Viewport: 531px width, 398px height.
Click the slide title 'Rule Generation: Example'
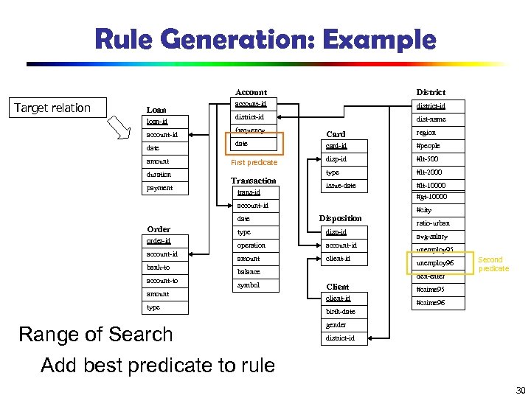(x=265, y=38)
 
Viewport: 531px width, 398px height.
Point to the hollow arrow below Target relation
(x=122, y=130)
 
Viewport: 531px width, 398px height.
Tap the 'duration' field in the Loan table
(x=159, y=175)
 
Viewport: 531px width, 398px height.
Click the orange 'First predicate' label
(x=254, y=162)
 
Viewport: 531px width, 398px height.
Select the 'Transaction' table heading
(x=253, y=181)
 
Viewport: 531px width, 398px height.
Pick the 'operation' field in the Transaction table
(x=251, y=245)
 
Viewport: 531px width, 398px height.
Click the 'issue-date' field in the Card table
(x=341, y=186)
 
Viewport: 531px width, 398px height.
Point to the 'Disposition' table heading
(x=340, y=218)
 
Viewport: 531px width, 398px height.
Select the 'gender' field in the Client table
(x=336, y=325)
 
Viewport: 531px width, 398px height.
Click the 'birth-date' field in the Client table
(x=340, y=312)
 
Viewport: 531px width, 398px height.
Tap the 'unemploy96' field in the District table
(x=435, y=263)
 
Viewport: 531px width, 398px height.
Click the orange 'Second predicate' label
(x=493, y=264)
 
